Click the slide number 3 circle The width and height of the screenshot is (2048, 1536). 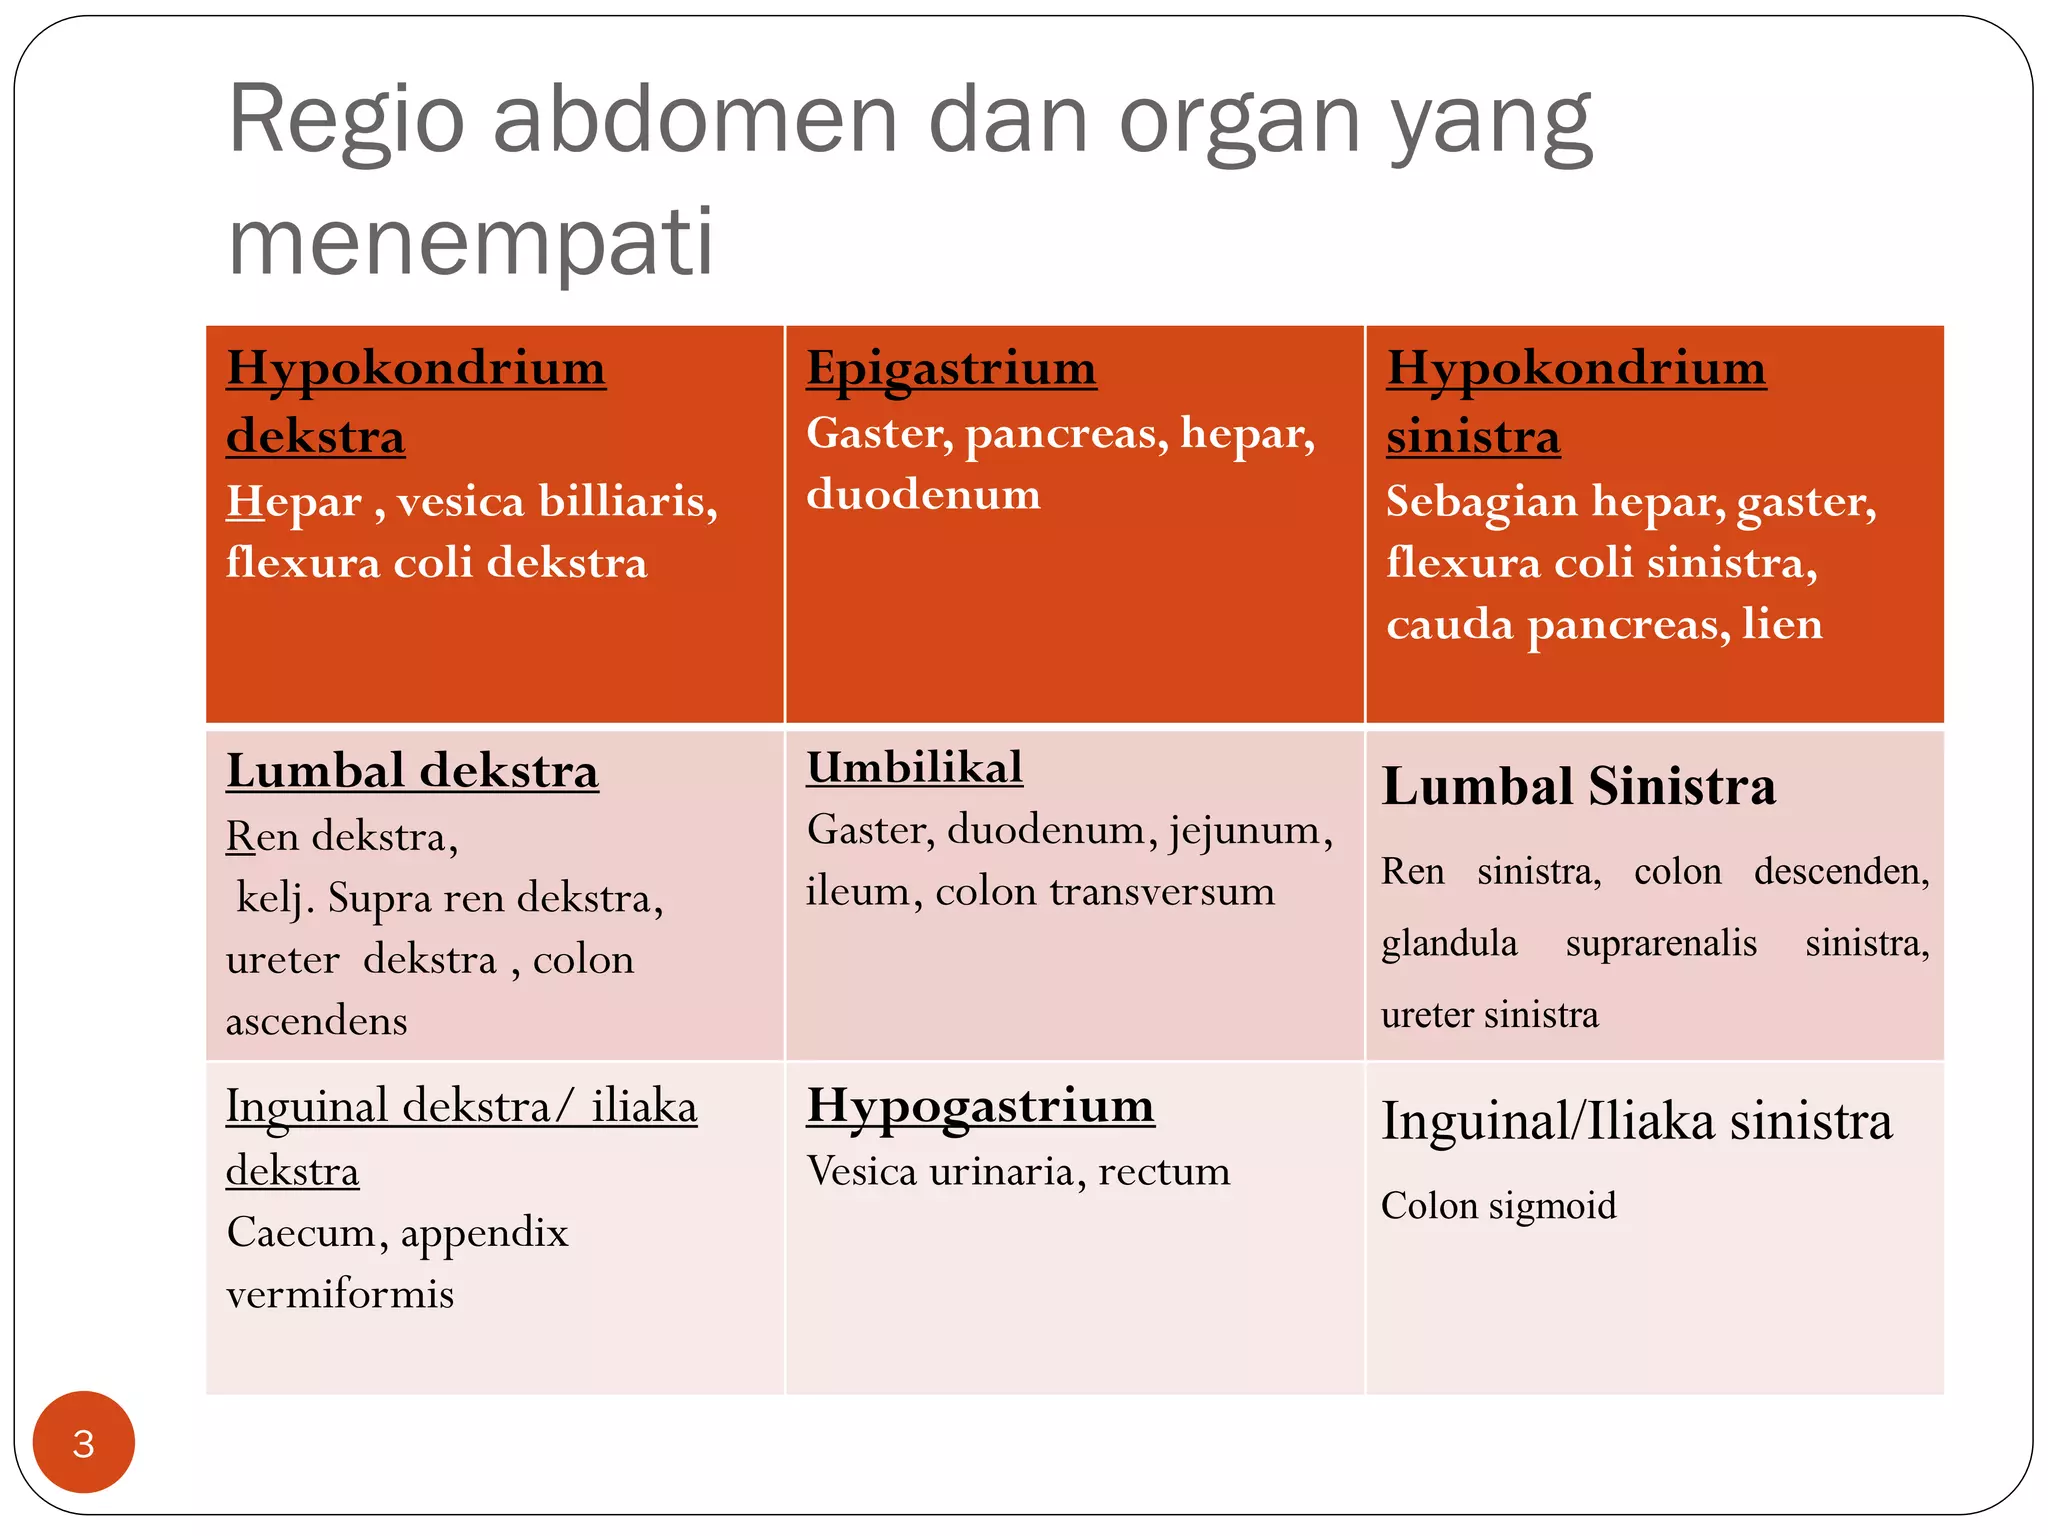pos(84,1442)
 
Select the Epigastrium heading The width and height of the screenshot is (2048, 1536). pos(951,368)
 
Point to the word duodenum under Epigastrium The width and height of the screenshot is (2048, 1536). pos(923,495)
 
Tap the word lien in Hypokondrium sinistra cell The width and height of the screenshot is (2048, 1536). pos(1782,624)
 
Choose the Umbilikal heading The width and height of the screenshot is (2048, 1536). pos(914,768)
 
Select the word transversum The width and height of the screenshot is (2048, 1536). pos(1162,892)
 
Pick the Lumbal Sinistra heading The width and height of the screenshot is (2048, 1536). pos(1578,786)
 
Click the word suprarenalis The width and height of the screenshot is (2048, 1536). pos(1661,943)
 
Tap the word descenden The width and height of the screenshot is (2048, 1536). pos(1841,871)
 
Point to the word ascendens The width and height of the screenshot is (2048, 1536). pos(317,1022)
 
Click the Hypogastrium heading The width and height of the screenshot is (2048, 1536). pos(980,1106)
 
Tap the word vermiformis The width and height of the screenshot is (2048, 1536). pos(340,1295)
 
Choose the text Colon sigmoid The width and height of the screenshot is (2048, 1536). pos(1498,1206)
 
